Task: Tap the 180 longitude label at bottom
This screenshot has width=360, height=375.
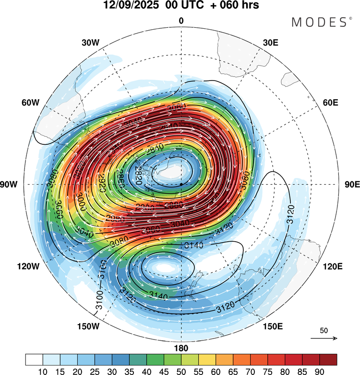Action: (x=181, y=348)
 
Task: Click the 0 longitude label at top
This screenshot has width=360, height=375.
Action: (x=181, y=21)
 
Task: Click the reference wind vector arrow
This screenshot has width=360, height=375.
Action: (x=324, y=339)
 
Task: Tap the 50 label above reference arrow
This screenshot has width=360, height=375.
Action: (x=324, y=331)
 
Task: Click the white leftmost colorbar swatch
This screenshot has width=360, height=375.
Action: (x=34, y=359)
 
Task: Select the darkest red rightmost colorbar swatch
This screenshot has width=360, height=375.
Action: (x=328, y=359)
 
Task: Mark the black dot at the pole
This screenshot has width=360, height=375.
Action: (x=181, y=184)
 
